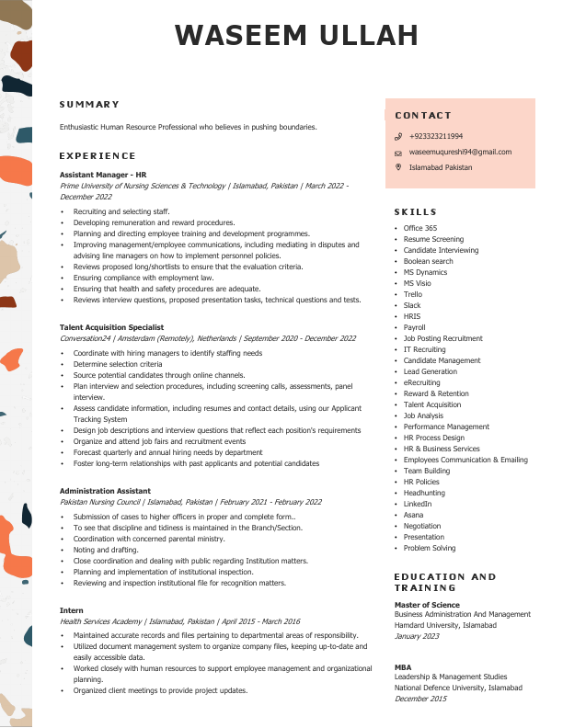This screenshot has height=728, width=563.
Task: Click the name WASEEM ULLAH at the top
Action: (296, 36)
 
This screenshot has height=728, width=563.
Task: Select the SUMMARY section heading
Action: (90, 105)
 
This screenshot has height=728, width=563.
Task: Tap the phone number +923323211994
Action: (436, 136)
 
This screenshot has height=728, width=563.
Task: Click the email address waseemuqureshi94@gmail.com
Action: (460, 152)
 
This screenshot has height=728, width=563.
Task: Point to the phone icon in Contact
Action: (398, 136)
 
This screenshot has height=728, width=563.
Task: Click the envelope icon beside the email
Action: (398, 153)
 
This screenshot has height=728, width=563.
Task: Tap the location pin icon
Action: (398, 167)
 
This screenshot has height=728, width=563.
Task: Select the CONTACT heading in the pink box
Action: (423, 116)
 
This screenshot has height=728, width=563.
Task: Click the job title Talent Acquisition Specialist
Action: (111, 327)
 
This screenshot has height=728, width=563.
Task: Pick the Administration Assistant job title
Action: (104, 491)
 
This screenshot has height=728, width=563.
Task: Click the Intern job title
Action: (72, 610)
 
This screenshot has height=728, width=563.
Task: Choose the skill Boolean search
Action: (428, 261)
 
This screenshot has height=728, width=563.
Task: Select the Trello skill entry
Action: (413, 294)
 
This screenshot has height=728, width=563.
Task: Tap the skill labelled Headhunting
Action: (424, 493)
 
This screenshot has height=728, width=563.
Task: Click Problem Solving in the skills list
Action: (430, 548)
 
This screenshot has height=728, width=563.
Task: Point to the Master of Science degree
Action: (427, 604)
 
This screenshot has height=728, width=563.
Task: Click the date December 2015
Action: (420, 699)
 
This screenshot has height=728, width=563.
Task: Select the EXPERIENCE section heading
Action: (98, 156)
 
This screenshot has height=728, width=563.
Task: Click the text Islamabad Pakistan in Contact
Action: (441, 167)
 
